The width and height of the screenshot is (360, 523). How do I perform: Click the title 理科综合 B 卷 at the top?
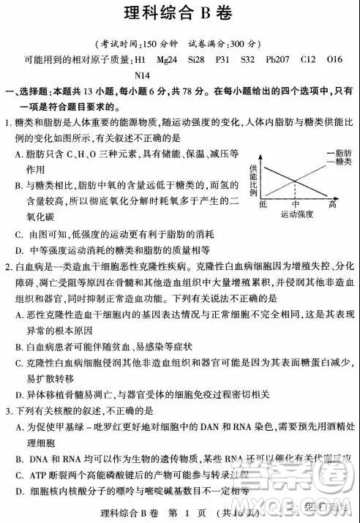tap(179, 12)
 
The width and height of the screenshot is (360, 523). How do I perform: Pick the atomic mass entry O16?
tap(336, 59)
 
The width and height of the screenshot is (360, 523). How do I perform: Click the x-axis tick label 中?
tap(296, 205)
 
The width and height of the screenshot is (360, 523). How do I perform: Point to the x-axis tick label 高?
tap(332, 205)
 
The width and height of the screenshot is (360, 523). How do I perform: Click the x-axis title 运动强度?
tap(296, 214)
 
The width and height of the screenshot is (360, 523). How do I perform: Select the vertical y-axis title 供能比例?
tap(253, 176)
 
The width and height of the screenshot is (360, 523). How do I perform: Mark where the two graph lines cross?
tap(296, 180)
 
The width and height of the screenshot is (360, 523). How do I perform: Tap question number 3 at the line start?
tap(8, 410)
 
